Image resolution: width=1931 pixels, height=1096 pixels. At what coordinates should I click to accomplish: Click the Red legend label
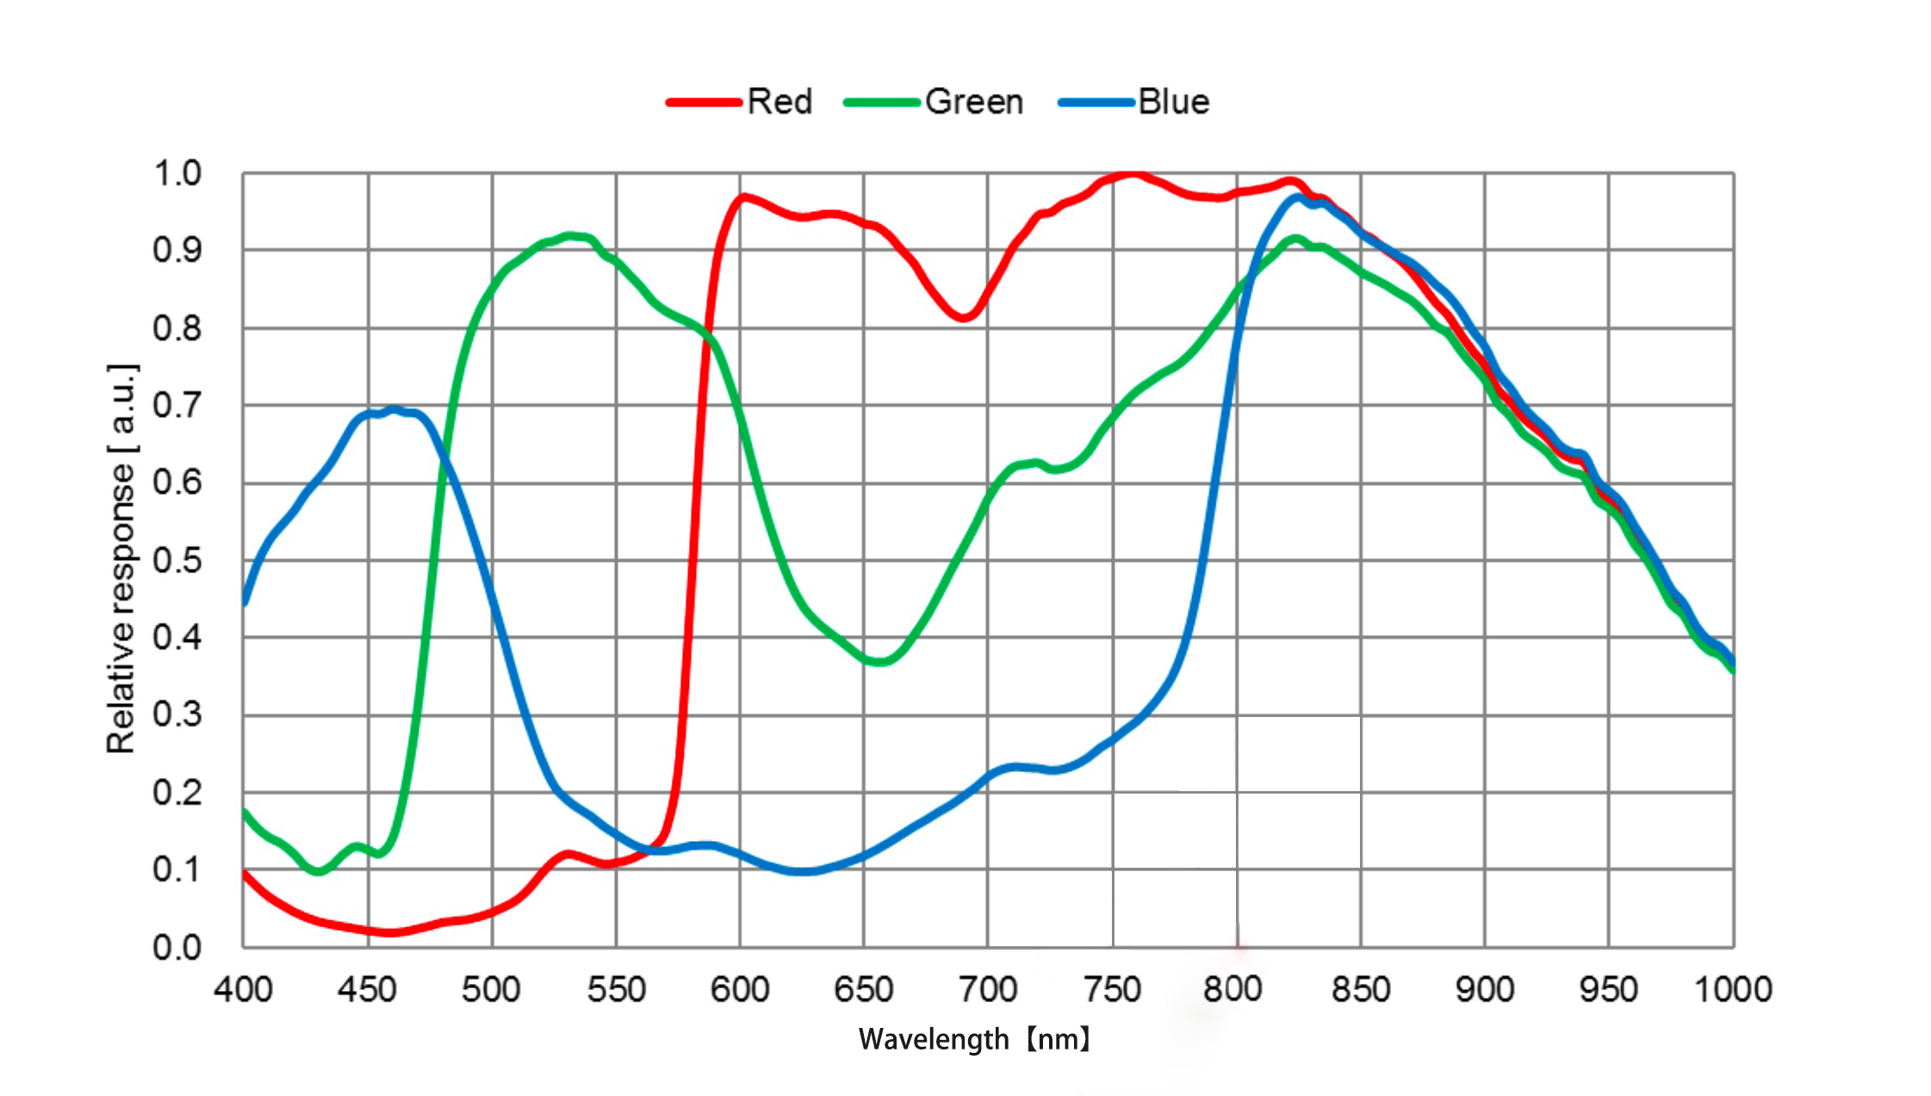pyautogui.click(x=779, y=102)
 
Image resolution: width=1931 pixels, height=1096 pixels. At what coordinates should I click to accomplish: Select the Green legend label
pyautogui.click(x=973, y=102)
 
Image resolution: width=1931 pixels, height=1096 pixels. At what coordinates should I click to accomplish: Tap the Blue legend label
pyautogui.click(x=1173, y=102)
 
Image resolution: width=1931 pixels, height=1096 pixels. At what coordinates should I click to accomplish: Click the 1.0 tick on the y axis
pyautogui.click(x=177, y=173)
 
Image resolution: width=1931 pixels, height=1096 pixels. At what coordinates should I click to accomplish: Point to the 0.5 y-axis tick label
pyautogui.click(x=177, y=560)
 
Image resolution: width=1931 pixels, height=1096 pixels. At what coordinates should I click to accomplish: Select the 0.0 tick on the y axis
pyautogui.click(x=177, y=947)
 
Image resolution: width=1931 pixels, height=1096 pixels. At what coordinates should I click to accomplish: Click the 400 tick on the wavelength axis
pyautogui.click(x=244, y=989)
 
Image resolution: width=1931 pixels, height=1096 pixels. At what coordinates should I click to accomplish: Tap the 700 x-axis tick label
pyautogui.click(x=988, y=989)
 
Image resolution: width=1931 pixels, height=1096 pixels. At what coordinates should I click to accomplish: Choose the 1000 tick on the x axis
pyautogui.click(x=1732, y=989)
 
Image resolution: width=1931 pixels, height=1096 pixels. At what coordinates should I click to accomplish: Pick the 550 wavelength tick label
pyautogui.click(x=616, y=989)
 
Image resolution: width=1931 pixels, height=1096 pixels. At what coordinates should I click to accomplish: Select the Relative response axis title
pyautogui.click(x=121, y=558)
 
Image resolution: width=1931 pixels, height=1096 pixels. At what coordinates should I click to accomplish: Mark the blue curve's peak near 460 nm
pyautogui.click(x=394, y=410)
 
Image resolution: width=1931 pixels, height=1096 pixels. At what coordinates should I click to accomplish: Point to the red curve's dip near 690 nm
pyautogui.click(x=964, y=317)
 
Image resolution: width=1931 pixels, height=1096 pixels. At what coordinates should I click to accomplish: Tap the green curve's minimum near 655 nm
pyautogui.click(x=879, y=662)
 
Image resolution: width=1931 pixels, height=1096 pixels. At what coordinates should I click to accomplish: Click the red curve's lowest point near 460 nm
pyautogui.click(x=391, y=931)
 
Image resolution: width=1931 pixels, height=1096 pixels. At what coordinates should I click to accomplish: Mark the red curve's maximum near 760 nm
pyautogui.click(x=1133, y=175)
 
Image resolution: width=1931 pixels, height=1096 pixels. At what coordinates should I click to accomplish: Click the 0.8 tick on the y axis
pyautogui.click(x=177, y=328)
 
